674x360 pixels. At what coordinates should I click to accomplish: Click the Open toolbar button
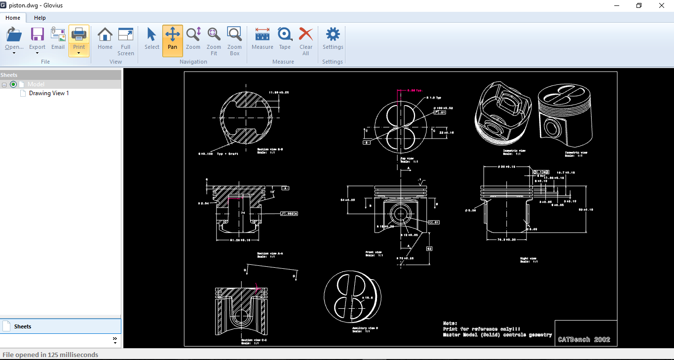point(14,39)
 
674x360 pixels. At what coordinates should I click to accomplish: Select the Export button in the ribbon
point(37,39)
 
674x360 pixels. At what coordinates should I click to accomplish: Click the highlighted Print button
point(79,39)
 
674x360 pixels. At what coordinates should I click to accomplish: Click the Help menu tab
point(40,18)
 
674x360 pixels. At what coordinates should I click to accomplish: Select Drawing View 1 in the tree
point(49,93)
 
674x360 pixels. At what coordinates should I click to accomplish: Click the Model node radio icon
point(13,84)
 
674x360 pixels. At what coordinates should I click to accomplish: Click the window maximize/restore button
point(639,5)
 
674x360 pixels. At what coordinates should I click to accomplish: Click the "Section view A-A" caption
point(270,253)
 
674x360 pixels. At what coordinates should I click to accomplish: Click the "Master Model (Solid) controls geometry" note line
point(497,335)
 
